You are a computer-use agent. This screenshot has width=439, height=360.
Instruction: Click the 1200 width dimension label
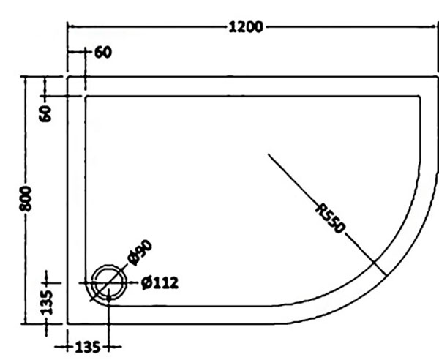point(246,27)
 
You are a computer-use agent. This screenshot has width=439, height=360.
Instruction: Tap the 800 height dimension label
point(25,198)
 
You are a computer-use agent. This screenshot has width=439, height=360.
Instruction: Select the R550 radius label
point(330,219)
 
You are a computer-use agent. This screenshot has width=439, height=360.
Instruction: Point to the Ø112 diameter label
point(160,283)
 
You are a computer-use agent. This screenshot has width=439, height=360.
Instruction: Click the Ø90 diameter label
point(140,252)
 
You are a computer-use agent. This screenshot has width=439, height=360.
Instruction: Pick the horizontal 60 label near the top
point(103,53)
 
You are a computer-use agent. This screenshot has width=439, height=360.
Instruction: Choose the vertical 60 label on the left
point(45,113)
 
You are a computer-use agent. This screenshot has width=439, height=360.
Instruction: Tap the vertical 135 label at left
point(47,303)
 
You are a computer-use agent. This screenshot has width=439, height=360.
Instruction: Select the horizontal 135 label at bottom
point(88,348)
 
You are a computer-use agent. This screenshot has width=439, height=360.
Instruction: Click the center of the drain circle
point(109,283)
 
